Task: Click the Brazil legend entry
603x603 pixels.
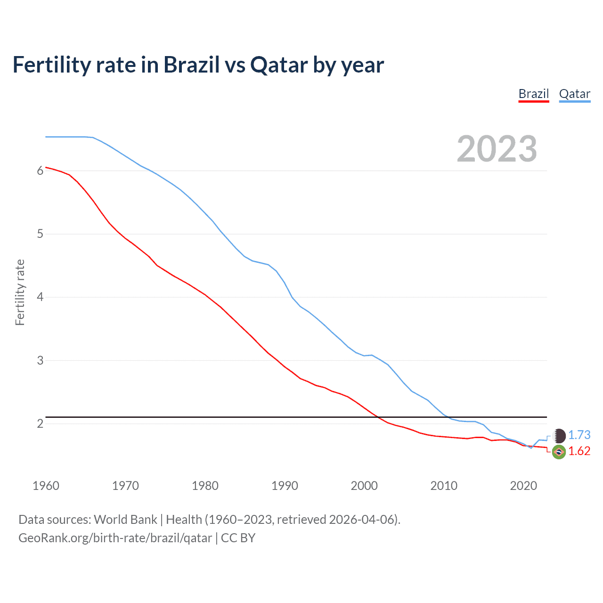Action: [x=534, y=94]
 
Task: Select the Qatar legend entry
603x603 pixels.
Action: [x=574, y=94]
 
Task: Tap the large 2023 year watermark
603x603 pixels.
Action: [x=497, y=149]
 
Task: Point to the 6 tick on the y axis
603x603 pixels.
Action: [x=40, y=171]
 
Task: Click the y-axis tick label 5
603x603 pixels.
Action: [x=40, y=234]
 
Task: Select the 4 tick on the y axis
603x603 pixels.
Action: [x=40, y=297]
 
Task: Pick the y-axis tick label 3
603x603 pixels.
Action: [x=40, y=360]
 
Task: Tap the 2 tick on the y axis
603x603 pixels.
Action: [x=40, y=424]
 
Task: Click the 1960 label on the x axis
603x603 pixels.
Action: [x=46, y=486]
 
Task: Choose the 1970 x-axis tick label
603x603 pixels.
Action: [x=125, y=486]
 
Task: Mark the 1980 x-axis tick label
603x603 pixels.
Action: [x=205, y=486]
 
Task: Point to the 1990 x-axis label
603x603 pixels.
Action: [x=285, y=486]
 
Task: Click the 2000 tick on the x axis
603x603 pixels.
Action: [x=364, y=486]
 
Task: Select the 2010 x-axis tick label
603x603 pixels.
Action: [x=444, y=486]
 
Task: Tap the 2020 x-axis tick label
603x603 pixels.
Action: [x=523, y=486]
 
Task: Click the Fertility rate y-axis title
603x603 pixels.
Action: [x=20, y=292]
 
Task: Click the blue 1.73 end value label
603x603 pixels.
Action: [x=579, y=435]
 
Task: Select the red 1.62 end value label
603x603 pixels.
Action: [x=579, y=451]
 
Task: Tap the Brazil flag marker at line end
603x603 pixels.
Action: [x=559, y=452]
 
